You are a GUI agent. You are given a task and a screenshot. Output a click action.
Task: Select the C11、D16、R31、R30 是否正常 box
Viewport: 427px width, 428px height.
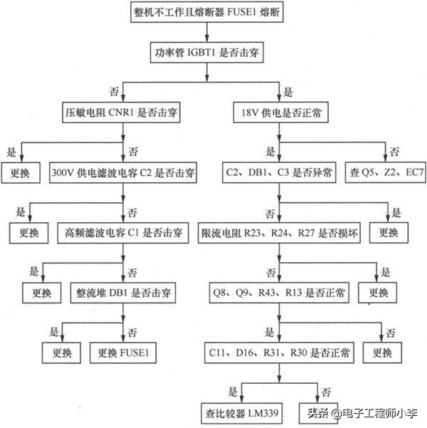coord(280,352)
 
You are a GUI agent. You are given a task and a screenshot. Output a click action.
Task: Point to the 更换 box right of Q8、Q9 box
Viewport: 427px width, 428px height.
coord(374,292)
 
